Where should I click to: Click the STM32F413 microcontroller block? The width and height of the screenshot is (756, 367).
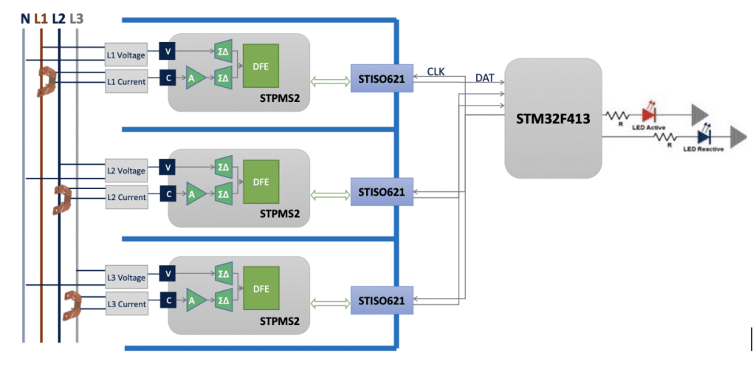(x=554, y=117)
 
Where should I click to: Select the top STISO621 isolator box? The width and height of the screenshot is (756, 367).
(x=382, y=78)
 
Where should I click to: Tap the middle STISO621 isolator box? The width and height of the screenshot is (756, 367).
(x=382, y=192)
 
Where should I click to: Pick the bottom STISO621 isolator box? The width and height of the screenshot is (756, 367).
(x=382, y=301)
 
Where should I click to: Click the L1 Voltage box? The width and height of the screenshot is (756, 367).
(x=126, y=54)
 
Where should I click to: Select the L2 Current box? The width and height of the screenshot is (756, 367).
(x=126, y=197)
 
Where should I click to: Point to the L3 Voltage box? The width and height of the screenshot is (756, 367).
(x=126, y=277)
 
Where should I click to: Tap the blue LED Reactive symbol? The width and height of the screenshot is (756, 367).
(x=704, y=136)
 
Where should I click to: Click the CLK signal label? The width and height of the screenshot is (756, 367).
(x=436, y=71)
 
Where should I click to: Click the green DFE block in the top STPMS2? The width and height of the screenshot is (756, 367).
(x=261, y=65)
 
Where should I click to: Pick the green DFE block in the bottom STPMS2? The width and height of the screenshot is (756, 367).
(x=261, y=288)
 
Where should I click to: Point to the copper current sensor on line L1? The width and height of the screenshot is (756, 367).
(x=48, y=82)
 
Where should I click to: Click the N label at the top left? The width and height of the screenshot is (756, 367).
(x=25, y=16)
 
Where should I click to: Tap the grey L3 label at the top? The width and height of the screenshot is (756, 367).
(x=77, y=16)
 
